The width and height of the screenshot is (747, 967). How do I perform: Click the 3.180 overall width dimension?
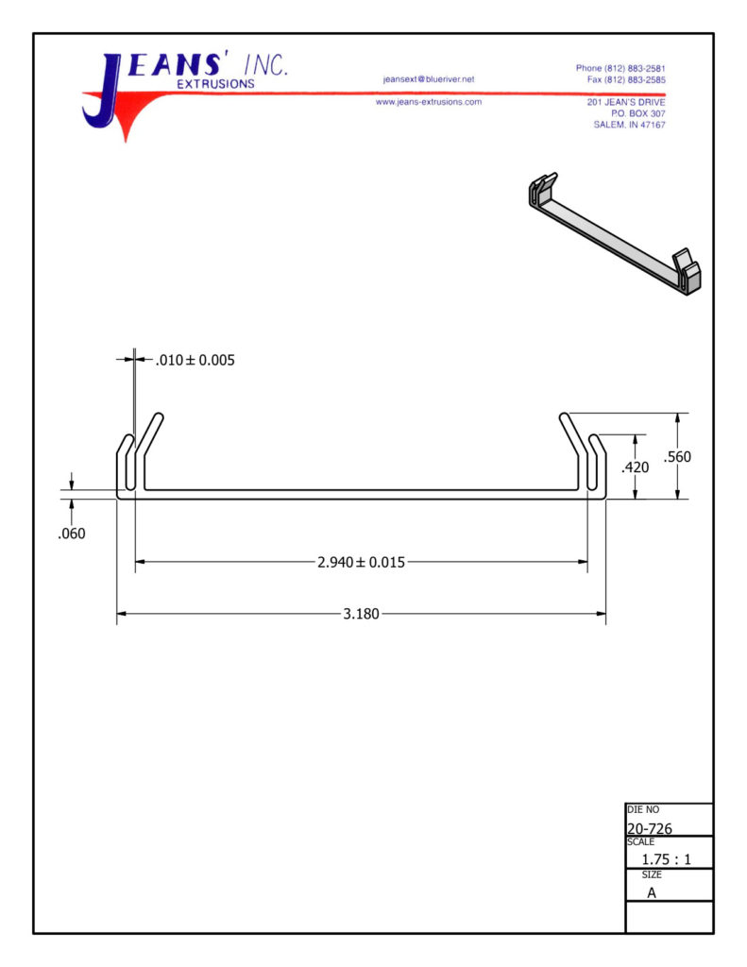point(361,614)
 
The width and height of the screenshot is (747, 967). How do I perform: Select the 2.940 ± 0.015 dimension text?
point(361,562)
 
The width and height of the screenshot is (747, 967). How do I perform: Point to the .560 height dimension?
point(677,457)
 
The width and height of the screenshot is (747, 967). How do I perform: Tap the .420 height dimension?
point(636,467)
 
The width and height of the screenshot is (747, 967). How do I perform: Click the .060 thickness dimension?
point(72,534)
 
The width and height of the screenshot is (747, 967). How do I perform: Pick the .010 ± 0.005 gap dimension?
point(195,360)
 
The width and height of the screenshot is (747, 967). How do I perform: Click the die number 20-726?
point(650,828)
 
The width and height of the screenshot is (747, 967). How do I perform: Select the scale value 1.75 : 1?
point(666,859)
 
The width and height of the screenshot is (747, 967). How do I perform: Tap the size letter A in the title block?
point(652,892)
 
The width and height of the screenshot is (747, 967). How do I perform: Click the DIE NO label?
point(643,809)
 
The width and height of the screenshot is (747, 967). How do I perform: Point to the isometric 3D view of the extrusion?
point(615,234)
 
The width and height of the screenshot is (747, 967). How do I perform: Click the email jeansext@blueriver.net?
point(429,79)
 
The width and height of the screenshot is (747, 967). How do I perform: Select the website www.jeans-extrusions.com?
point(429,102)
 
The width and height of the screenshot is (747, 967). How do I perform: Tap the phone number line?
point(620,68)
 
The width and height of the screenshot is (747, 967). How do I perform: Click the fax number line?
point(626,79)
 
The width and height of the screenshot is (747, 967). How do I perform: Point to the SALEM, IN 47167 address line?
point(629,125)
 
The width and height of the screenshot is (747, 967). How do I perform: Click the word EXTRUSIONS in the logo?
point(215,84)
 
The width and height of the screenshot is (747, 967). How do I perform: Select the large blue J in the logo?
point(102,93)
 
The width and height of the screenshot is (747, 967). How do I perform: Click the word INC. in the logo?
point(266,65)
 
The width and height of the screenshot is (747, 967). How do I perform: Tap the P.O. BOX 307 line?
point(637,113)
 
